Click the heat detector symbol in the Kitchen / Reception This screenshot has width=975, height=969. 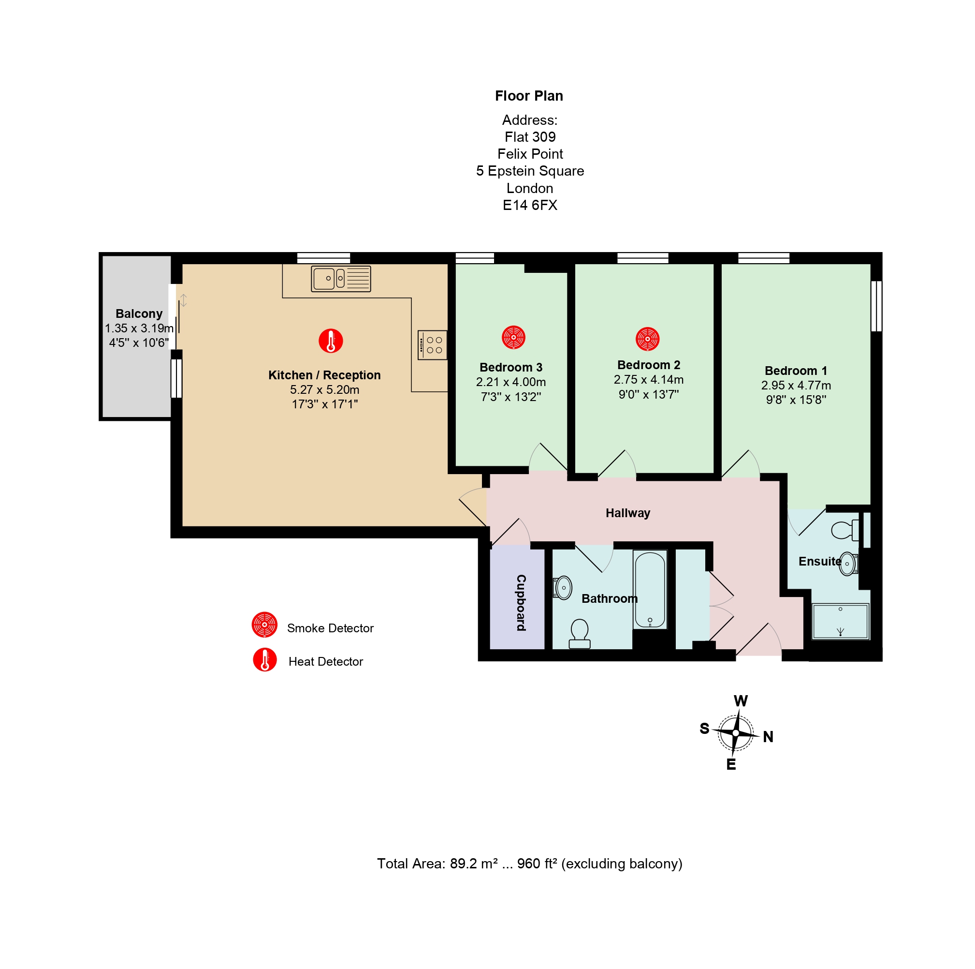(331, 341)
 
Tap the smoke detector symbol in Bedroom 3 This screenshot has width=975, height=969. (513, 337)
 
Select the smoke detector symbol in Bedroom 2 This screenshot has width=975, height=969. (647, 339)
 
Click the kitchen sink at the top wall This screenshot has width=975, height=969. (341, 279)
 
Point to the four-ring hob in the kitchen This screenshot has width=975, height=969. (433, 345)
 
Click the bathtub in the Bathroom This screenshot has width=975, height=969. (650, 589)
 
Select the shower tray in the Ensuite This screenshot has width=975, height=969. (840, 622)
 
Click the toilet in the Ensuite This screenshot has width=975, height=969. (845, 530)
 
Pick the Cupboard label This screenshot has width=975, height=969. (521, 602)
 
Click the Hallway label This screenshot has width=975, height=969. (628, 513)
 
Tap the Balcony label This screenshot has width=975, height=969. (139, 313)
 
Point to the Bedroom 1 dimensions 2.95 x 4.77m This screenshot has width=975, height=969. (796, 385)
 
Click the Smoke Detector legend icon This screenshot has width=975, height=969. (264, 625)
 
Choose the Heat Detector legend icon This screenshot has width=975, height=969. (264, 659)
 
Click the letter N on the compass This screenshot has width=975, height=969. (768, 737)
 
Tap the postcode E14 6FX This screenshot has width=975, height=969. (530, 205)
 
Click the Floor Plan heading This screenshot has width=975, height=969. (529, 96)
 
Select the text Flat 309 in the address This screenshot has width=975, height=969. (530, 137)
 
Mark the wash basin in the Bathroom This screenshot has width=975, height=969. (563, 588)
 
